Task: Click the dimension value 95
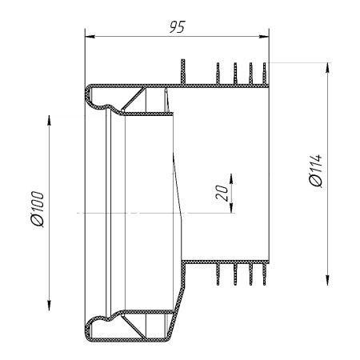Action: pos(178,26)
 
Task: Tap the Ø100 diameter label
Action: pos(37,209)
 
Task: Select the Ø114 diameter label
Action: pos(315,170)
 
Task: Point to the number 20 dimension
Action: pos(222,193)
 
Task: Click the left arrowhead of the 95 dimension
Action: pos(90,36)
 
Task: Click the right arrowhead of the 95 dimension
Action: pos(264,36)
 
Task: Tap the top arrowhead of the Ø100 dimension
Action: pos(49,120)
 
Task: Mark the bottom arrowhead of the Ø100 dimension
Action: pos(49,305)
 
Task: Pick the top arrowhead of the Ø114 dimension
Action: pos(328,68)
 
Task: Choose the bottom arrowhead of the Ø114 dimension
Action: pos(328,280)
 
